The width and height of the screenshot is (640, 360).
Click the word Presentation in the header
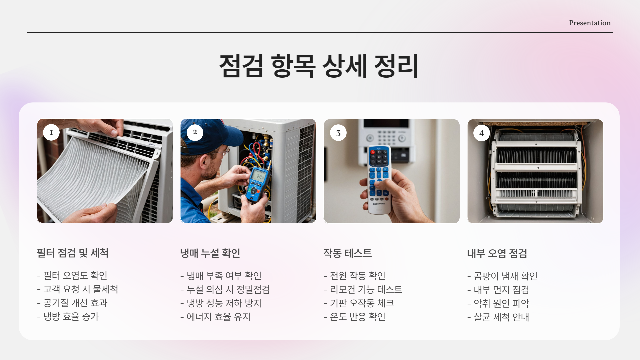(590, 23)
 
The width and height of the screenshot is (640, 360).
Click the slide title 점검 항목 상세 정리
(319, 66)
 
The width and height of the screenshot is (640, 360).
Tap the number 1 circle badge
(51, 132)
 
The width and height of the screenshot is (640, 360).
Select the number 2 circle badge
(195, 132)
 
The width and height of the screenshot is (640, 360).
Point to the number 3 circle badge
(338, 133)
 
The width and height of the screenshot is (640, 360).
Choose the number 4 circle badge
(482, 133)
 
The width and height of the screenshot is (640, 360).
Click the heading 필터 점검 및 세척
(73, 253)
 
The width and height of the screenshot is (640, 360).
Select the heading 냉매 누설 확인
(210, 253)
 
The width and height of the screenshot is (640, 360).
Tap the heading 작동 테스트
(348, 253)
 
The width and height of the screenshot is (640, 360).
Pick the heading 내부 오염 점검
(497, 254)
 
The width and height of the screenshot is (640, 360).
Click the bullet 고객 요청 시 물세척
(78, 289)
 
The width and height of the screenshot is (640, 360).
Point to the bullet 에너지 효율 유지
(215, 317)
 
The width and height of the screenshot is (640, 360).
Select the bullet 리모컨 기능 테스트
(363, 289)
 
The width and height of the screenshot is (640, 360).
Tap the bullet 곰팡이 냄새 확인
(502, 276)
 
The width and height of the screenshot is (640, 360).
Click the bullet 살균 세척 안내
(498, 317)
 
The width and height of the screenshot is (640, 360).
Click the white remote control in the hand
(379, 180)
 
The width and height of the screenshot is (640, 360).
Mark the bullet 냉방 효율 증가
(68, 316)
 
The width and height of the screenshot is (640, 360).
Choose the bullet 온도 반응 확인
(355, 317)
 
